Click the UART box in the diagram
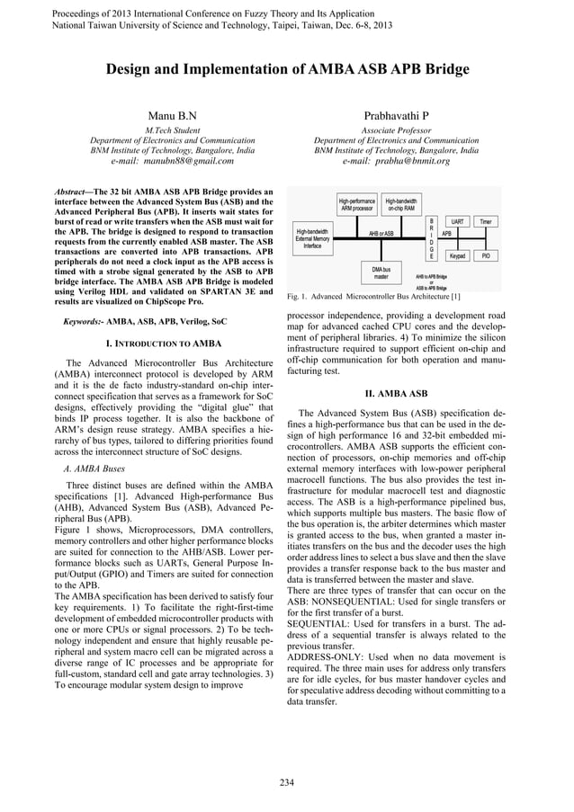(458, 220)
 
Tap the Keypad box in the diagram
(458, 255)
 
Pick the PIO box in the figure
(486, 255)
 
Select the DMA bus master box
(381, 272)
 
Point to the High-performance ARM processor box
(356, 203)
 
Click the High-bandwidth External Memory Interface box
(312, 238)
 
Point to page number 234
(286, 781)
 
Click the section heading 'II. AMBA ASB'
(396, 394)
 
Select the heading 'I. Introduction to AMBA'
(164, 344)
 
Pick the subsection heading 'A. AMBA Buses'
(94, 468)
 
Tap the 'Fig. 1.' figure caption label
(298, 297)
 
